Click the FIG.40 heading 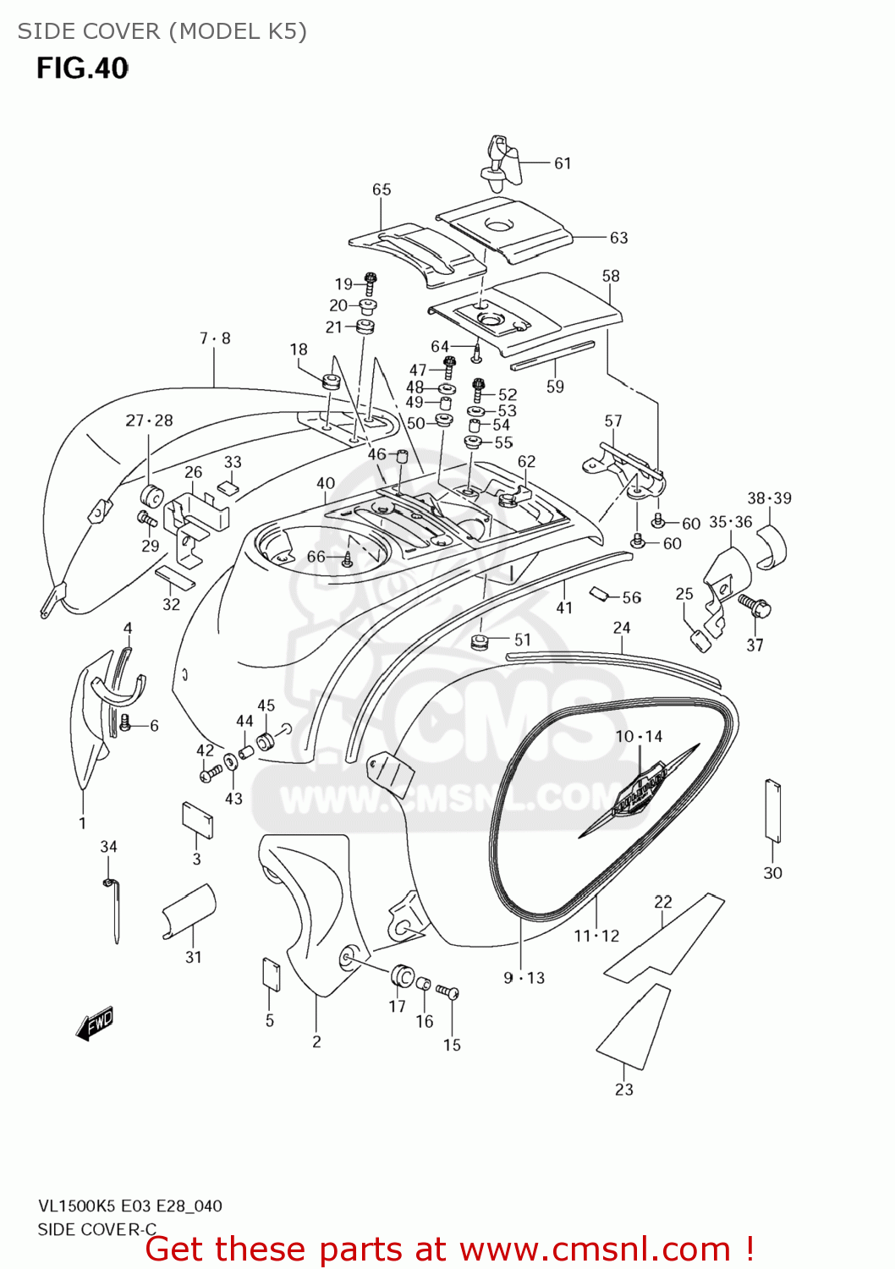click(x=82, y=68)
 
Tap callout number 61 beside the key click(x=563, y=163)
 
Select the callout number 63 click(x=619, y=238)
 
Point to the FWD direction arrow click(x=95, y=1024)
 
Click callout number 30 click(x=772, y=873)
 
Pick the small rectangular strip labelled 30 click(x=772, y=810)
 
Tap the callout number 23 click(x=624, y=1090)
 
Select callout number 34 click(x=109, y=847)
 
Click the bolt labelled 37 click(x=754, y=604)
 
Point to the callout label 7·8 click(x=215, y=338)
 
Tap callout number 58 click(x=611, y=276)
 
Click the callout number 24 click(x=622, y=628)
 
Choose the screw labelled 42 click(x=209, y=772)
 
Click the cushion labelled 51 click(x=480, y=641)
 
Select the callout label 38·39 click(x=769, y=498)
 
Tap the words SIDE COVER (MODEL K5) click(x=162, y=31)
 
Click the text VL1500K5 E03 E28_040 click(x=129, y=1206)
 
